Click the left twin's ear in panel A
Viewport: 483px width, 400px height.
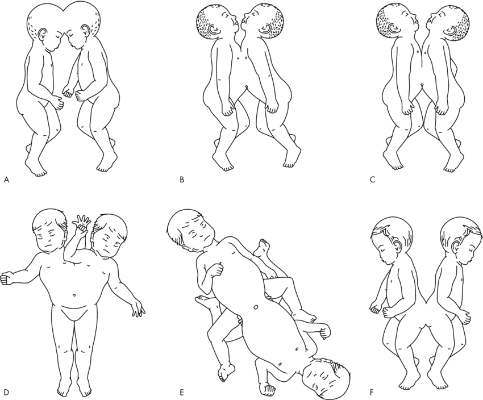point(43,34)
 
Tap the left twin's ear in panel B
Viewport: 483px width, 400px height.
point(214,29)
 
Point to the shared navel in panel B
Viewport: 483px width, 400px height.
point(247,87)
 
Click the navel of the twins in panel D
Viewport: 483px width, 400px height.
point(74,295)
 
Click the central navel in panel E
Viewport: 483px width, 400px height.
point(255,307)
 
